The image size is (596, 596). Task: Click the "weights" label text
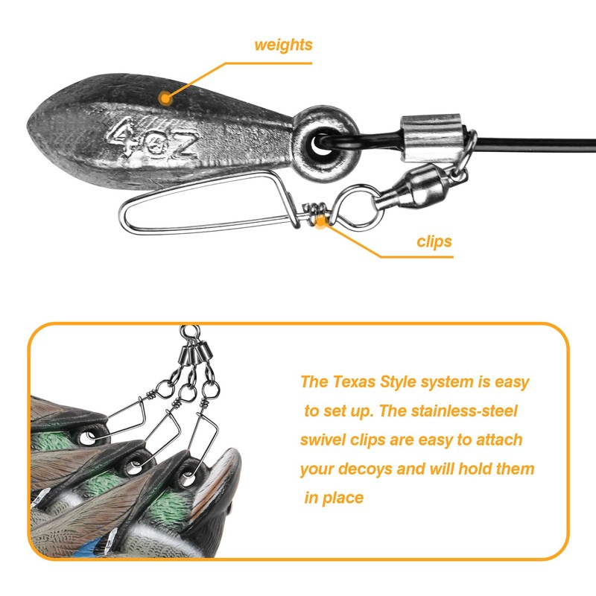point(283,45)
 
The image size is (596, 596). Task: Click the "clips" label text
point(434,241)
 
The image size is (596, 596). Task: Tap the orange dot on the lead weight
point(165,96)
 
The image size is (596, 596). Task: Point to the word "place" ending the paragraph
point(343,498)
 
